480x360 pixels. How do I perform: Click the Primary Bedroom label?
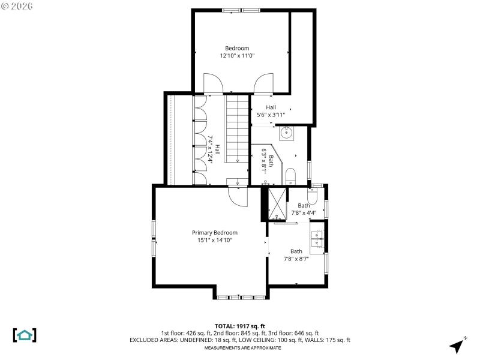point(214,233)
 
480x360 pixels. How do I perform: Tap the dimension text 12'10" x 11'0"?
point(237,56)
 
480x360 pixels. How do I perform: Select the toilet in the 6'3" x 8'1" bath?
point(290,176)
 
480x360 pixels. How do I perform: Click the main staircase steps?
point(238,129)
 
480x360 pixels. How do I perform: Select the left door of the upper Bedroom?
point(213,84)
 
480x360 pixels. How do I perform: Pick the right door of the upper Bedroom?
point(263,84)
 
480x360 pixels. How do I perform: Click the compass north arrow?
point(458,345)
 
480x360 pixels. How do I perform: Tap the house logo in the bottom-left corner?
point(25,335)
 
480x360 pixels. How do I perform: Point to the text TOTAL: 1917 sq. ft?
point(239,326)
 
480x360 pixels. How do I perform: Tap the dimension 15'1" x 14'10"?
point(214,240)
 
